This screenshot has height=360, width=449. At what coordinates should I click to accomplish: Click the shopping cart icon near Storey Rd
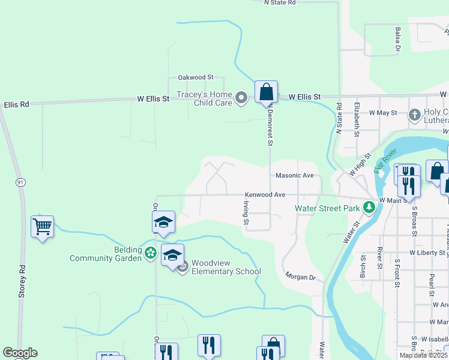pos(42,226)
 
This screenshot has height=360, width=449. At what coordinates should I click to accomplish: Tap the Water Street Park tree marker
pos(369,208)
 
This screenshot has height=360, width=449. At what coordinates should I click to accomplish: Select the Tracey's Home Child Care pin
pos(241,97)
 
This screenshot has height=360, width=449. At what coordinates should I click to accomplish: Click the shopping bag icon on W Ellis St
pos(266,92)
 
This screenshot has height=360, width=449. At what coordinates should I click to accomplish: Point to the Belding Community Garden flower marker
pos(150,254)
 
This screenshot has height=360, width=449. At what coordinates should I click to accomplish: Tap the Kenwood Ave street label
pos(264,195)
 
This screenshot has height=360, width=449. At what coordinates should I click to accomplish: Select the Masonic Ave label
pos(295,176)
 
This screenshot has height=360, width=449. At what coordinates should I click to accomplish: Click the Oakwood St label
pos(196,77)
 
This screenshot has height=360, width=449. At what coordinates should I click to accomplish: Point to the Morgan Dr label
pos(300,277)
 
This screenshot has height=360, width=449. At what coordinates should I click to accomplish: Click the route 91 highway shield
pos(20,182)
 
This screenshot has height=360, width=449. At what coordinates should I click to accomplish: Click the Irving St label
pos(246,213)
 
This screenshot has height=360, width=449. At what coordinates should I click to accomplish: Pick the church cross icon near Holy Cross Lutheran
pos(414,115)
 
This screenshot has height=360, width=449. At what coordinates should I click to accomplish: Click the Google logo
pos(20,353)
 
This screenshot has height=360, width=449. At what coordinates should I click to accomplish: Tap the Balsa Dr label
pos(398,38)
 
